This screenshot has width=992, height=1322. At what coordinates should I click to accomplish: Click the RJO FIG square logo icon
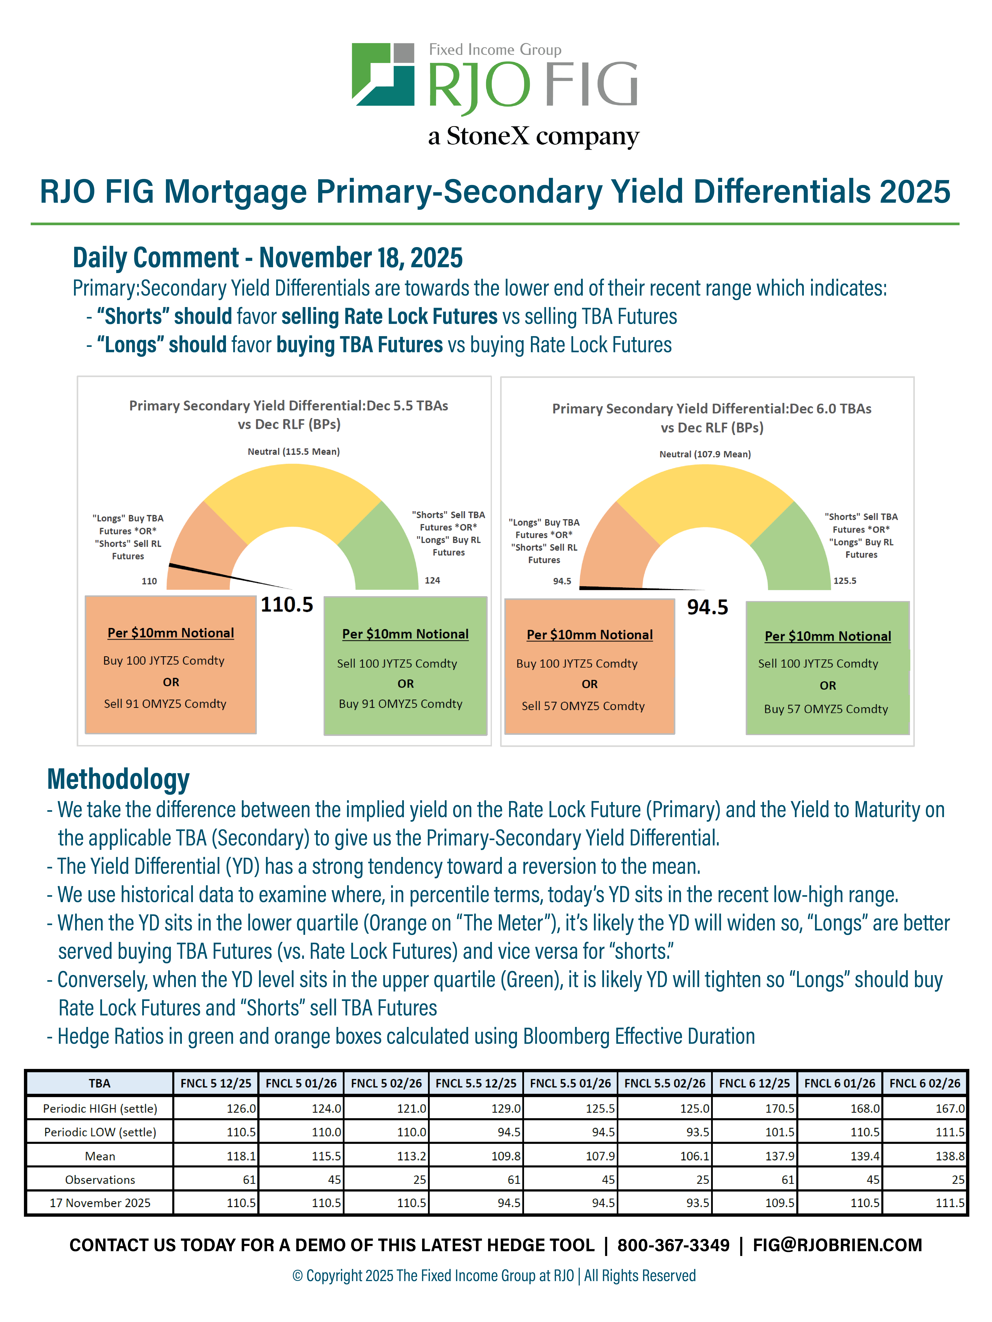tap(383, 74)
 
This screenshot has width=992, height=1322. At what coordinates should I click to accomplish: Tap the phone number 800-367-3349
tap(673, 1245)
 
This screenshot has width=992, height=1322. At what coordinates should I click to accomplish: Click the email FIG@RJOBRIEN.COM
tap(837, 1245)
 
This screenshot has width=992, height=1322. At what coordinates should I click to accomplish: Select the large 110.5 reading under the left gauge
tap(287, 605)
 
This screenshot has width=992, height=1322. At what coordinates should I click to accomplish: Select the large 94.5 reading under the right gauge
tap(707, 607)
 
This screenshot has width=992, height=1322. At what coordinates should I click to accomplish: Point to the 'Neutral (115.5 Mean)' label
tap(294, 451)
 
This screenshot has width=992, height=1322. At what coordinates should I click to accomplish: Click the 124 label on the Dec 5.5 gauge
tap(432, 580)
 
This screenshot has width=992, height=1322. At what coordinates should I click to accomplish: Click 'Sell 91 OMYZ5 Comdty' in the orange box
tap(165, 703)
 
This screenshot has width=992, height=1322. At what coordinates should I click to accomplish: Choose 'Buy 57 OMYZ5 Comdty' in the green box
tap(826, 709)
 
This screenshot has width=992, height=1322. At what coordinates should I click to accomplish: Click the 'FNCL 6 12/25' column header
tap(754, 1083)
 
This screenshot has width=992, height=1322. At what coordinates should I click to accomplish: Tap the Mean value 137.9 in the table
tap(754, 1156)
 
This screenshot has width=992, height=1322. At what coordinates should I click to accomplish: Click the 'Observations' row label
tap(100, 1179)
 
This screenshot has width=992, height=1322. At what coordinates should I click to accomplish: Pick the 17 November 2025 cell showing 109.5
tap(754, 1203)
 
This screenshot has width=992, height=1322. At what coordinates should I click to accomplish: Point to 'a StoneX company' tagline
tap(533, 136)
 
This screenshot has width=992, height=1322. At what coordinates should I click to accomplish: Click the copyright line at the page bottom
tap(494, 1275)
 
